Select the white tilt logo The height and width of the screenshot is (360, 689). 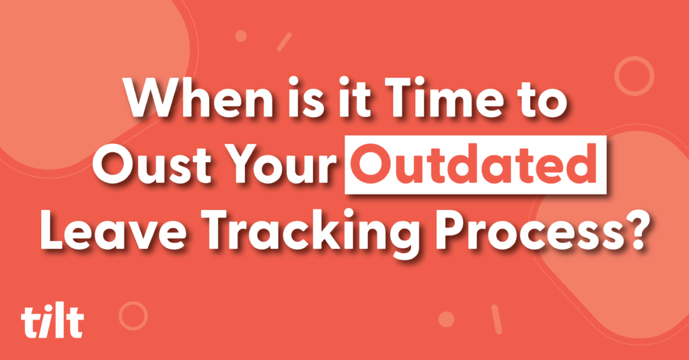[52, 322]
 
